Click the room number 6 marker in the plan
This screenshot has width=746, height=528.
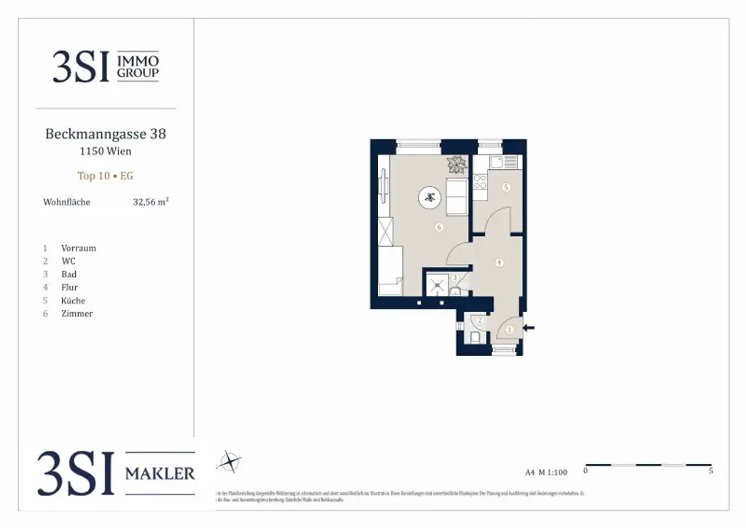[439, 228]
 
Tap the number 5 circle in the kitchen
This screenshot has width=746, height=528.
[506, 187]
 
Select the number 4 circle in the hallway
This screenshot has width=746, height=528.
[499, 263]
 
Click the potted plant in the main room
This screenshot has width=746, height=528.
[457, 163]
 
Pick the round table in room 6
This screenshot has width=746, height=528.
[428, 196]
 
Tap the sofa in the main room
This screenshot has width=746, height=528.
[457, 196]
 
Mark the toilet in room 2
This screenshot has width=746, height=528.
[475, 337]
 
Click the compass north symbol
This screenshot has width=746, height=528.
[229, 462]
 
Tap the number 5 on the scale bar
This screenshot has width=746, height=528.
[710, 471]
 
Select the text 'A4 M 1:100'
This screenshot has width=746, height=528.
[546, 472]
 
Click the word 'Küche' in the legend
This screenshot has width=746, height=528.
[73, 300]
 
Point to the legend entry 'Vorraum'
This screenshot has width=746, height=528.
[78, 248]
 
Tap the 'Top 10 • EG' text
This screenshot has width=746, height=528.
[106, 176]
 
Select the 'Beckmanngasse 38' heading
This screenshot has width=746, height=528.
[106, 134]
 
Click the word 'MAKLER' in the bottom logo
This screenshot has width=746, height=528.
[160, 474]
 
